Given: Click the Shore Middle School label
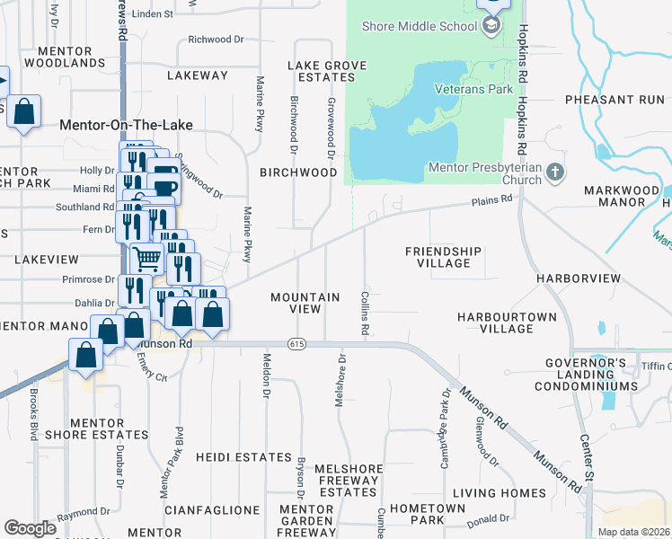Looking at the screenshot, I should coord(420,26).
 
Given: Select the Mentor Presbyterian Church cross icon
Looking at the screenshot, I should coord(556,172).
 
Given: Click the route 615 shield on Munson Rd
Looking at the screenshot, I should coord(296,344).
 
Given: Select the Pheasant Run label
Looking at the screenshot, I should coord(615,100).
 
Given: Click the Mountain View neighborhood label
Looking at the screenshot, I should coord(305,303).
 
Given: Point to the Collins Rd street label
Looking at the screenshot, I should coord(365,312).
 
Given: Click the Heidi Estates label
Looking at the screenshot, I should coord(243,457).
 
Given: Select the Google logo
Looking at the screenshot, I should coord(30,528).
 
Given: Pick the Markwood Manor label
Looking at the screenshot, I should coord(615,196).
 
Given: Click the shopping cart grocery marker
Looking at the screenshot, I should coord(146,258).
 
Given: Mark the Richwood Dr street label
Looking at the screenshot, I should coord(217,40).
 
